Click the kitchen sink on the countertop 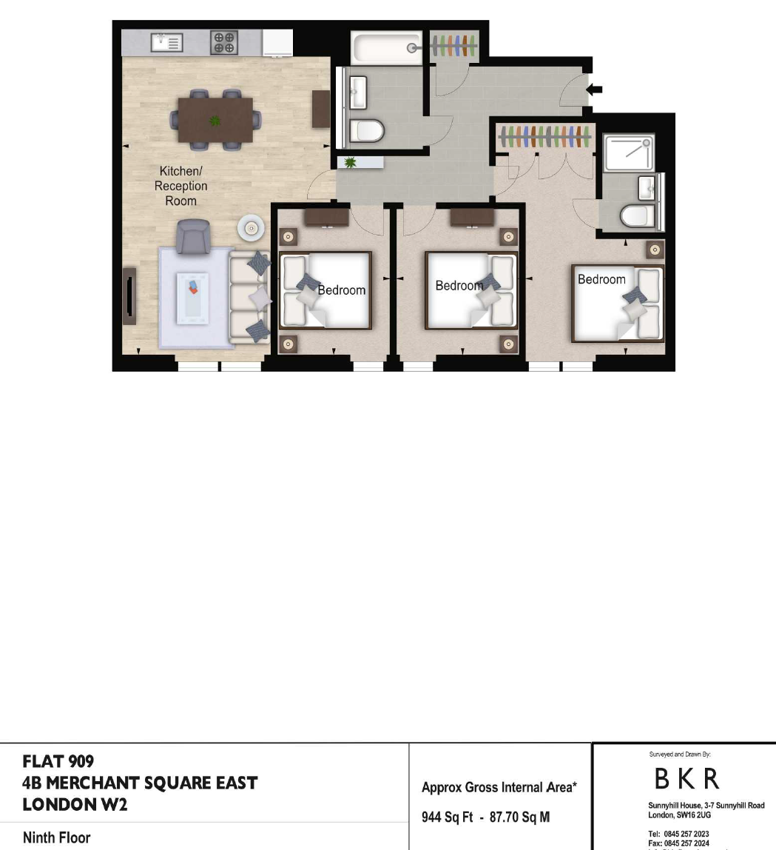(x=166, y=42)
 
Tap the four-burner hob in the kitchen (x=223, y=42)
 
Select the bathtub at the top (x=387, y=48)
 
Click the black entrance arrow (x=594, y=90)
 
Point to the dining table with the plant (x=215, y=120)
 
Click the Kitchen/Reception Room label (x=180, y=186)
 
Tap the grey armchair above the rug (x=193, y=236)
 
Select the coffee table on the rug (x=193, y=298)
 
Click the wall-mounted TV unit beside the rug (x=129, y=296)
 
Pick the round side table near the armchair (x=251, y=228)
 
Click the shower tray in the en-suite (x=629, y=153)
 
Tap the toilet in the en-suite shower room (x=638, y=216)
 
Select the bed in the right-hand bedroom (x=618, y=303)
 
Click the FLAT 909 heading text (x=58, y=762)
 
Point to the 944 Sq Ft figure (x=448, y=817)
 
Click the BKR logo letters (x=686, y=779)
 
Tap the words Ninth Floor (x=56, y=837)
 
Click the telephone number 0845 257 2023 (x=686, y=834)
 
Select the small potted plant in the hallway (x=350, y=162)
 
